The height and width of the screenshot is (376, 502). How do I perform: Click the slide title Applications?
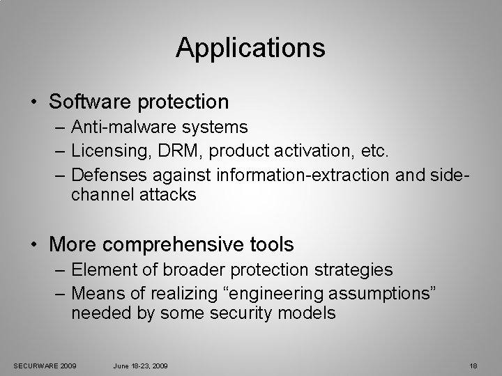click(250, 48)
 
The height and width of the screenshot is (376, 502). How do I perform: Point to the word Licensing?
click(107, 150)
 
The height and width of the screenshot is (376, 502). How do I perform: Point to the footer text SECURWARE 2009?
click(45, 366)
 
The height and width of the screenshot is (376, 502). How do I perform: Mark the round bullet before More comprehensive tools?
click(34, 245)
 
